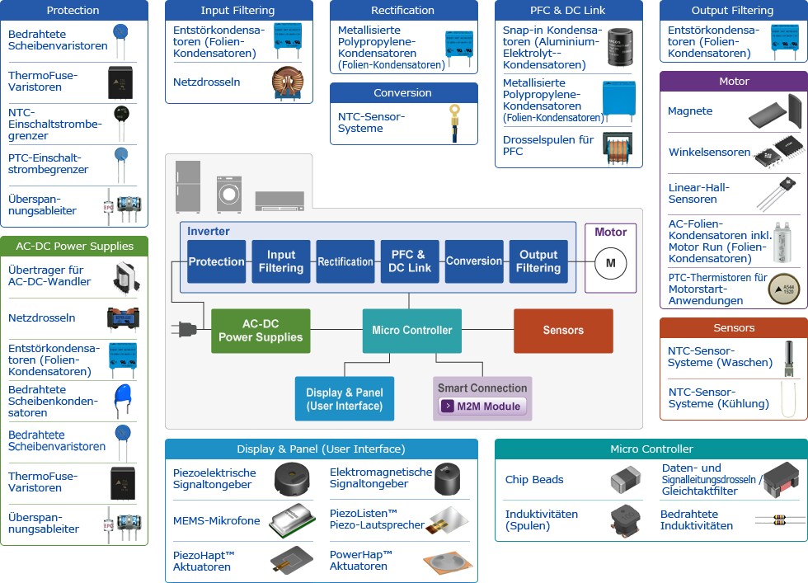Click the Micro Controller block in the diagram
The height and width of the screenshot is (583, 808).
(x=411, y=331)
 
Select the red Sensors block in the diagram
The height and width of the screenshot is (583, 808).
(x=563, y=331)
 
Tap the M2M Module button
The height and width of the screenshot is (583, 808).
(x=482, y=406)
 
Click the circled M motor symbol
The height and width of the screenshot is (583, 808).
(x=611, y=263)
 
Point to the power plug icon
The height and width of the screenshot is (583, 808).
(x=186, y=330)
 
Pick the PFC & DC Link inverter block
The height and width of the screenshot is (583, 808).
(x=410, y=261)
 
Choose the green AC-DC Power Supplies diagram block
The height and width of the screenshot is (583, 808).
(x=261, y=331)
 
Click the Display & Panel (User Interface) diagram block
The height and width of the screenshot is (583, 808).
(x=344, y=399)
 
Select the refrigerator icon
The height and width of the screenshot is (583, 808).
(x=189, y=187)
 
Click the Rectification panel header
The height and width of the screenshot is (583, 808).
(x=403, y=11)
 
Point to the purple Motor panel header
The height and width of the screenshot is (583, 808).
(x=734, y=82)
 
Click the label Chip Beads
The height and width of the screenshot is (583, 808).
(x=534, y=480)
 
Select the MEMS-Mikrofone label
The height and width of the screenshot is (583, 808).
(x=216, y=521)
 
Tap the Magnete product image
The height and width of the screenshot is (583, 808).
(x=779, y=112)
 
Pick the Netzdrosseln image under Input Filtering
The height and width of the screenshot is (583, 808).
(x=287, y=82)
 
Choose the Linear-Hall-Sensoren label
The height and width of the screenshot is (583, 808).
(x=698, y=193)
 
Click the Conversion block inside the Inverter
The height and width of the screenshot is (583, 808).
(x=474, y=261)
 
